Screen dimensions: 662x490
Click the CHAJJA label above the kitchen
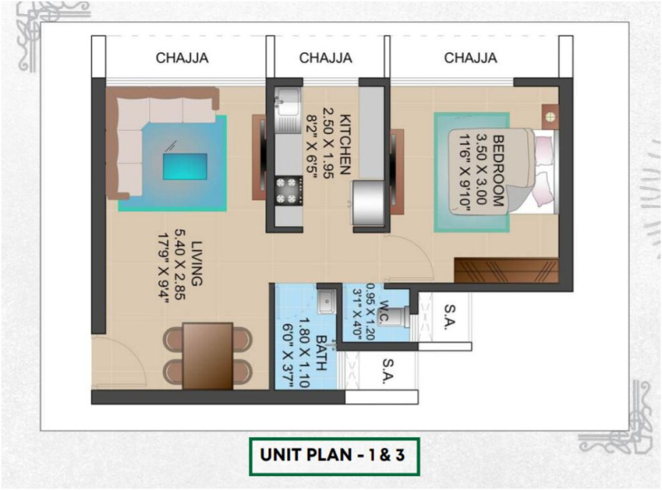click(325, 57)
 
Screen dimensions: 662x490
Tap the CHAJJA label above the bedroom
click(470, 57)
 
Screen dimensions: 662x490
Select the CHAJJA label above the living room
click(182, 57)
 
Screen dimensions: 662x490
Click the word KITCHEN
click(345, 144)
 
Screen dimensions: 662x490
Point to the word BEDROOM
click(499, 171)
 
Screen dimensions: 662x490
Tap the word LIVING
click(196, 263)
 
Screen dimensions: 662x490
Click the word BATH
click(322, 353)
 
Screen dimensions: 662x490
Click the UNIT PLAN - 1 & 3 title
click(333, 455)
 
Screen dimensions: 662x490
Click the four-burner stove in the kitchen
click(288, 191)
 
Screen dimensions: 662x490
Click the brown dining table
click(208, 356)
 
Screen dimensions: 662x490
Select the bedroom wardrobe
click(506, 271)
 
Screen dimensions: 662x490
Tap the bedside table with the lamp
click(550, 117)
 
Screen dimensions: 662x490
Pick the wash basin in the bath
click(327, 301)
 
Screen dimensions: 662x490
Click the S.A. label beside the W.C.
click(449, 315)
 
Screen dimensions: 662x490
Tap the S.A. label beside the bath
click(388, 371)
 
